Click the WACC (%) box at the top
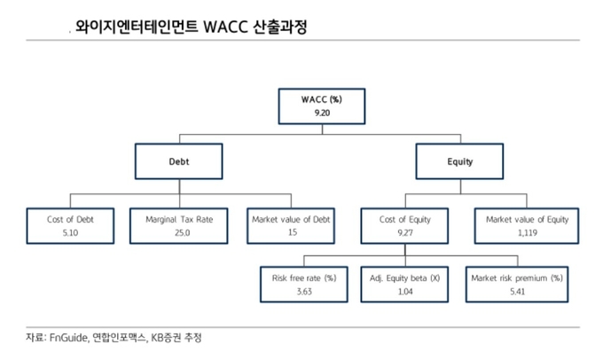coord(322,106)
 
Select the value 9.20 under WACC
coord(322,113)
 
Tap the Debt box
coord(179,161)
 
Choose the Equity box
coord(459,161)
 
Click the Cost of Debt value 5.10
coord(70,232)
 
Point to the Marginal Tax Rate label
coord(179,219)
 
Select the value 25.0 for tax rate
coord(183,232)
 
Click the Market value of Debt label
coord(291,219)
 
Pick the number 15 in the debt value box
coord(293,232)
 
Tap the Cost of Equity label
coord(405,220)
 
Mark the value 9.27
coord(405,232)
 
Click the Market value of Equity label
coord(528,220)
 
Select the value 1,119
coord(528,232)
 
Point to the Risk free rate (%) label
coord(304,278)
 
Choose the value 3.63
coord(304,292)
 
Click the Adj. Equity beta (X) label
coord(404,278)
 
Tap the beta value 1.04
coord(405,292)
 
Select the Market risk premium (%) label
coord(517,278)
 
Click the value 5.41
coord(518,292)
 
